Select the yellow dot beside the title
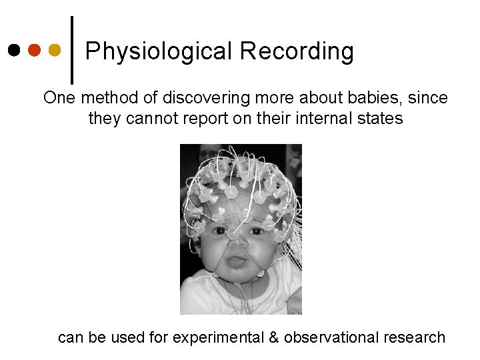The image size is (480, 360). [x=55, y=50]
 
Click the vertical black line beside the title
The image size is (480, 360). [x=72, y=50]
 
